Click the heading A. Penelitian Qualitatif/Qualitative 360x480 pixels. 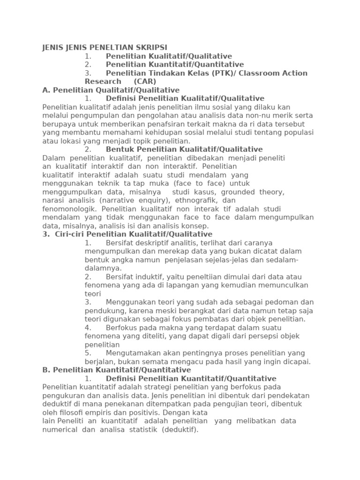pos(111,90)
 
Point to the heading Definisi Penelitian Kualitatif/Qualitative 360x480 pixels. pos(185,98)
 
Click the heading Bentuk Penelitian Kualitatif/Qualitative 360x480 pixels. pos(184,150)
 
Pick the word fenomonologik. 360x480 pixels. pos(69,209)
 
